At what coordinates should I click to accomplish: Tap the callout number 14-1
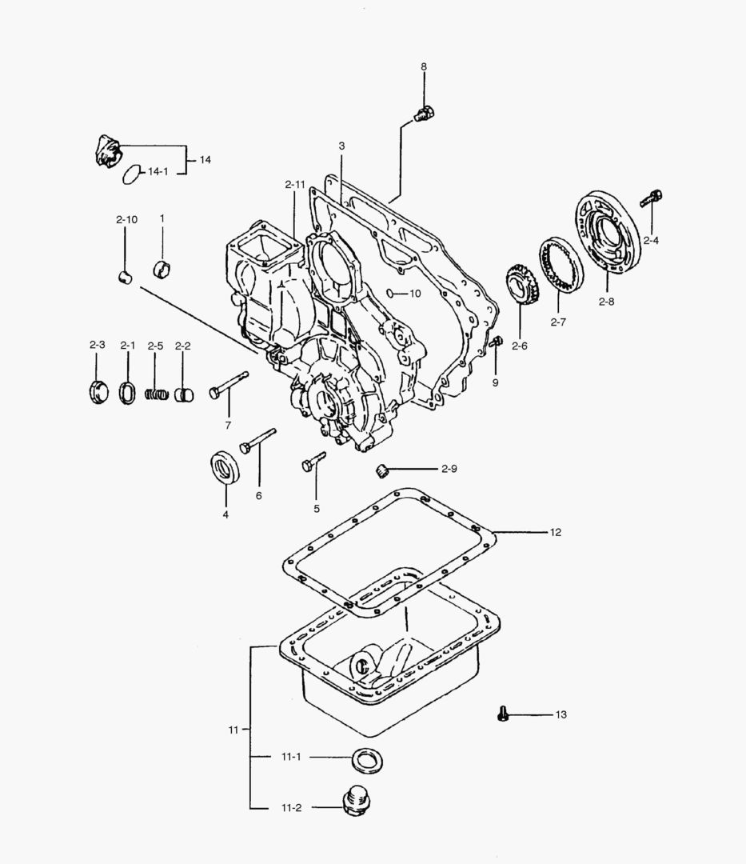(x=158, y=171)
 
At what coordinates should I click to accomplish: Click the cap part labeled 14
(x=106, y=151)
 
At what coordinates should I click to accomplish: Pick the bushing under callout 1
(x=164, y=268)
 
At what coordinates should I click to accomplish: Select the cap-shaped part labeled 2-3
(x=97, y=392)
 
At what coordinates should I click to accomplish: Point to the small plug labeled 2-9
(x=382, y=470)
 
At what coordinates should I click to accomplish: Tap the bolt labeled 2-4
(x=653, y=196)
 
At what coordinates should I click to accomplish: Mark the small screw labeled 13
(x=502, y=713)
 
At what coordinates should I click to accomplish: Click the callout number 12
(x=556, y=531)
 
